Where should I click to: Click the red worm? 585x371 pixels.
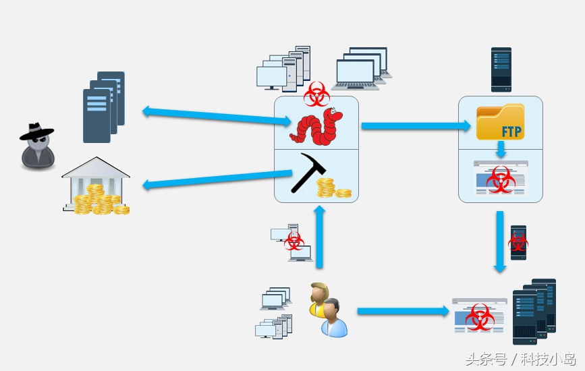tap(316, 126)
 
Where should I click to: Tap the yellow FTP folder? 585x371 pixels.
tap(500, 122)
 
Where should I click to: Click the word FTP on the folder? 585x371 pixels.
tap(511, 130)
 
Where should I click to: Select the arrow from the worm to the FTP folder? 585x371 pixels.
tap(416, 125)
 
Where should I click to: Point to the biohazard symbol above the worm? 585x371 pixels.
tap(316, 94)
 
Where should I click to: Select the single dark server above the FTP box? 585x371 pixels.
tap(501, 69)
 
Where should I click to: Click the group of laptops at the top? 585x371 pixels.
tap(361, 69)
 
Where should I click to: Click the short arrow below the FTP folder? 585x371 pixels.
tap(501, 149)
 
